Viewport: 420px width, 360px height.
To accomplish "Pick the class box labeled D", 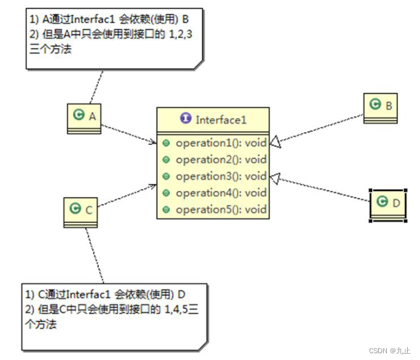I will (387, 203).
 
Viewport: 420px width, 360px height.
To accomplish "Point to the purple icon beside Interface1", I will (185, 119).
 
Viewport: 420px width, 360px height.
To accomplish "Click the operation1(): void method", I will (221, 143).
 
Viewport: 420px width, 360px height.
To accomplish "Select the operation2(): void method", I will (221, 160).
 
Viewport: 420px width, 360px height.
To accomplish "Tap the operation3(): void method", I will (221, 176).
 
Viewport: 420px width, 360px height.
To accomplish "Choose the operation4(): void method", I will (221, 193).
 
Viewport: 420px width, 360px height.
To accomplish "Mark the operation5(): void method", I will (221, 209).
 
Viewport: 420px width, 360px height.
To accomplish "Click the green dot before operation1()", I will (166, 143).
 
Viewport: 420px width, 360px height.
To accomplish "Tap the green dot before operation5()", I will (166, 209).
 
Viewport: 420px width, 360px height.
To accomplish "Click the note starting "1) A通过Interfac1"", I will (115, 37).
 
